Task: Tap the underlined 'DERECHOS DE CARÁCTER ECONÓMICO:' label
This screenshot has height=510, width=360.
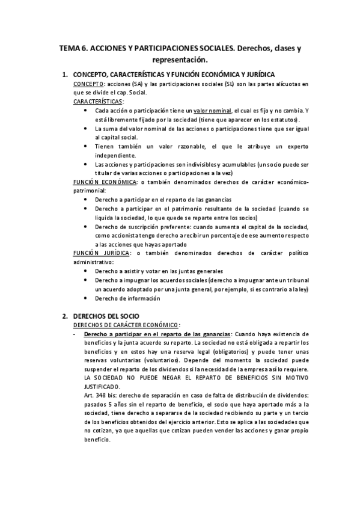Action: [125, 325]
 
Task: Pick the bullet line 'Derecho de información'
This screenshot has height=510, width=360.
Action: [127, 298]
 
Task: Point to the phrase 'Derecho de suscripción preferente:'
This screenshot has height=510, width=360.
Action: [141, 227]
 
